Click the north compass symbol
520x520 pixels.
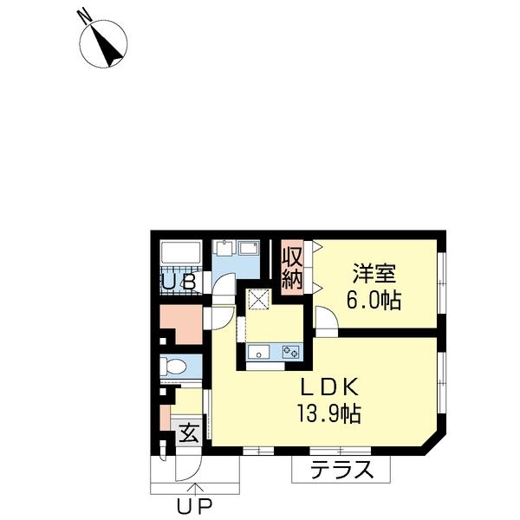coord(105,42)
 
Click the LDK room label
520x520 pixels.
coord(323,387)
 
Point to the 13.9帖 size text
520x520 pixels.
coord(324,413)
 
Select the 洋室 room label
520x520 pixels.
coord(374,275)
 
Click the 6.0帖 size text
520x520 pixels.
coord(374,302)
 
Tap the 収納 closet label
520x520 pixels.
coord(291,269)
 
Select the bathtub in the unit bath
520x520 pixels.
coord(180,255)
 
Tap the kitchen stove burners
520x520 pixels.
coord(289,353)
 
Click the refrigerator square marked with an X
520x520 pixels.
coord(257,300)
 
